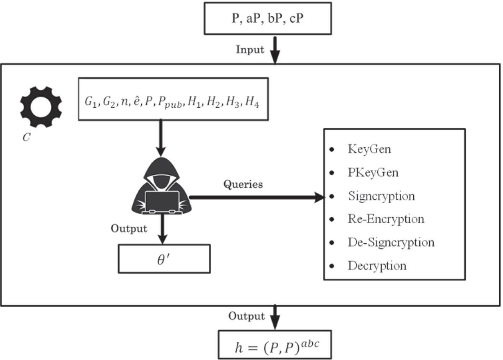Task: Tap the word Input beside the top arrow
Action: coord(250,49)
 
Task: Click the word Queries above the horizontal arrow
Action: coord(244,184)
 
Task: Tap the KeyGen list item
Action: coord(369,149)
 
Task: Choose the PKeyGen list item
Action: coord(373,172)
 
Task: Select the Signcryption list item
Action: coord(381,196)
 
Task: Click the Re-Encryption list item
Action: coord(386,219)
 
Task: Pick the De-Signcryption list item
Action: coord(391,242)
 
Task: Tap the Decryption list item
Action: coord(376,266)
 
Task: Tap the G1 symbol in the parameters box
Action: coord(91,103)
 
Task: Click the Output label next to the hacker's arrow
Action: coord(129,228)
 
